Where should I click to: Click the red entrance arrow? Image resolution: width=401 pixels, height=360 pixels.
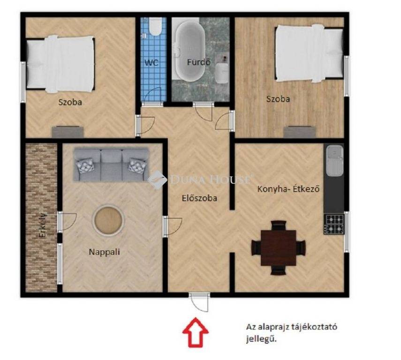pos(196,332)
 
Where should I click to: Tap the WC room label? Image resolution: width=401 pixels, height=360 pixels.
pos(151,63)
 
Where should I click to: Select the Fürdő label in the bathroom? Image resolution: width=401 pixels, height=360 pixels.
pos(199,62)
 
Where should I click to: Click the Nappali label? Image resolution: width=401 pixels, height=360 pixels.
pos(104,252)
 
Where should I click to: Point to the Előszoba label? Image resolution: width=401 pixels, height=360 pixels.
pos(199,198)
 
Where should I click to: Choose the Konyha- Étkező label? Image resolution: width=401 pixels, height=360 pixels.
pos(288,189)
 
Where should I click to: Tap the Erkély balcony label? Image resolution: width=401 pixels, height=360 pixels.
pos(43,225)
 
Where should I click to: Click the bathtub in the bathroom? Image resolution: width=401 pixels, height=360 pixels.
pos(190,51)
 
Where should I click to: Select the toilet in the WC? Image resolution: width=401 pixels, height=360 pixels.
pos(155,27)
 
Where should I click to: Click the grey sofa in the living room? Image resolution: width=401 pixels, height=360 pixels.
pos(111,165)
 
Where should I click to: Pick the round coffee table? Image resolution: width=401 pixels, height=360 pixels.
pos(109,220)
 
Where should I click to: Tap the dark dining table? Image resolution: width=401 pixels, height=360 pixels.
pos(278,247)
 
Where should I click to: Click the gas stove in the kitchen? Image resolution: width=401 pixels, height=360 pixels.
pos(334,224)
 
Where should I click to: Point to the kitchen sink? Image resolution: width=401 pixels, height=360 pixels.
pos(334,161)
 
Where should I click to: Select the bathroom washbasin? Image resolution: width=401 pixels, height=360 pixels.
pos(221,73)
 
